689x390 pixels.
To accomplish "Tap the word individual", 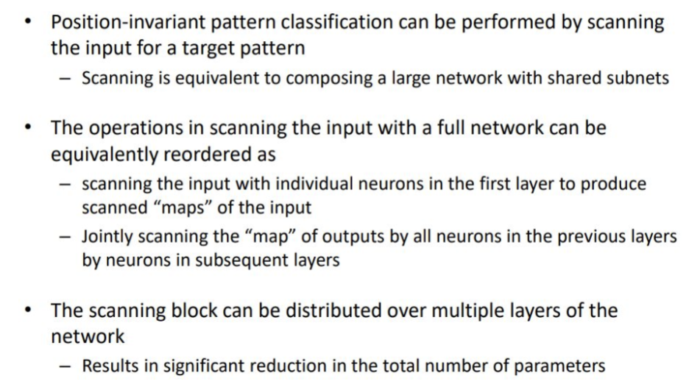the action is tap(314, 183).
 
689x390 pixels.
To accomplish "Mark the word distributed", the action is tap(333, 310).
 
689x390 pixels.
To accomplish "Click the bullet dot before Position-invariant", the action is tap(29, 21).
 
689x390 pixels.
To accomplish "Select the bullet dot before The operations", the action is tap(29, 128).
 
